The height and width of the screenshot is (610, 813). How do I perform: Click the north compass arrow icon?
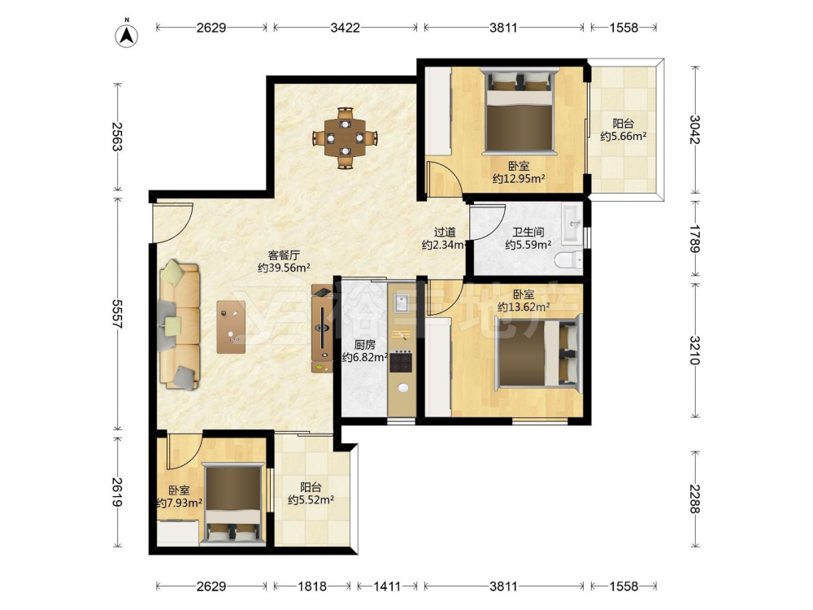point(127,35)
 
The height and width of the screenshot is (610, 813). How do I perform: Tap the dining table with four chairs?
point(345,138)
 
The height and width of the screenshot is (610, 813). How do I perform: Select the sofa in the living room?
point(180,326)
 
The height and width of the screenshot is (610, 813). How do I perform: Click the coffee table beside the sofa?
point(231,327)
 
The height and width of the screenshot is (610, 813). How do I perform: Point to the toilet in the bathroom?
point(568,260)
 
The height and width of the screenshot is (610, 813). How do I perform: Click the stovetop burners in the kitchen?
point(401,362)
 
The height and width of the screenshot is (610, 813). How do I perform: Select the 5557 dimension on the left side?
point(116,314)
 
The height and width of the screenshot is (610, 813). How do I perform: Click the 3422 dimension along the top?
point(346,28)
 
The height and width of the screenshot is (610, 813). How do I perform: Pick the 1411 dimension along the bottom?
point(387,586)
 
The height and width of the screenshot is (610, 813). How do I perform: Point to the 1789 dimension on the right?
point(695,238)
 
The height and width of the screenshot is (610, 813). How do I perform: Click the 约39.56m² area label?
point(284,268)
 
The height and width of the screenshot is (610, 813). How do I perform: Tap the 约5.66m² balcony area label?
point(624,137)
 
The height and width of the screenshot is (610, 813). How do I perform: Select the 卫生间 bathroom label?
point(528,232)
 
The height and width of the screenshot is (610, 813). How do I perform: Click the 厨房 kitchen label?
point(364,344)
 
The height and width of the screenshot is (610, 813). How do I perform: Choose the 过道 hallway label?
point(445,232)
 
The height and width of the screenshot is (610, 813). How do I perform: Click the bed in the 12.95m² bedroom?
point(519,111)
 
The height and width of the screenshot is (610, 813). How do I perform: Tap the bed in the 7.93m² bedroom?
point(233,504)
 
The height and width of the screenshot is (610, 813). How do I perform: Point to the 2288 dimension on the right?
point(695,499)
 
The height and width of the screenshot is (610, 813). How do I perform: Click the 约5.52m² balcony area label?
point(311,500)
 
